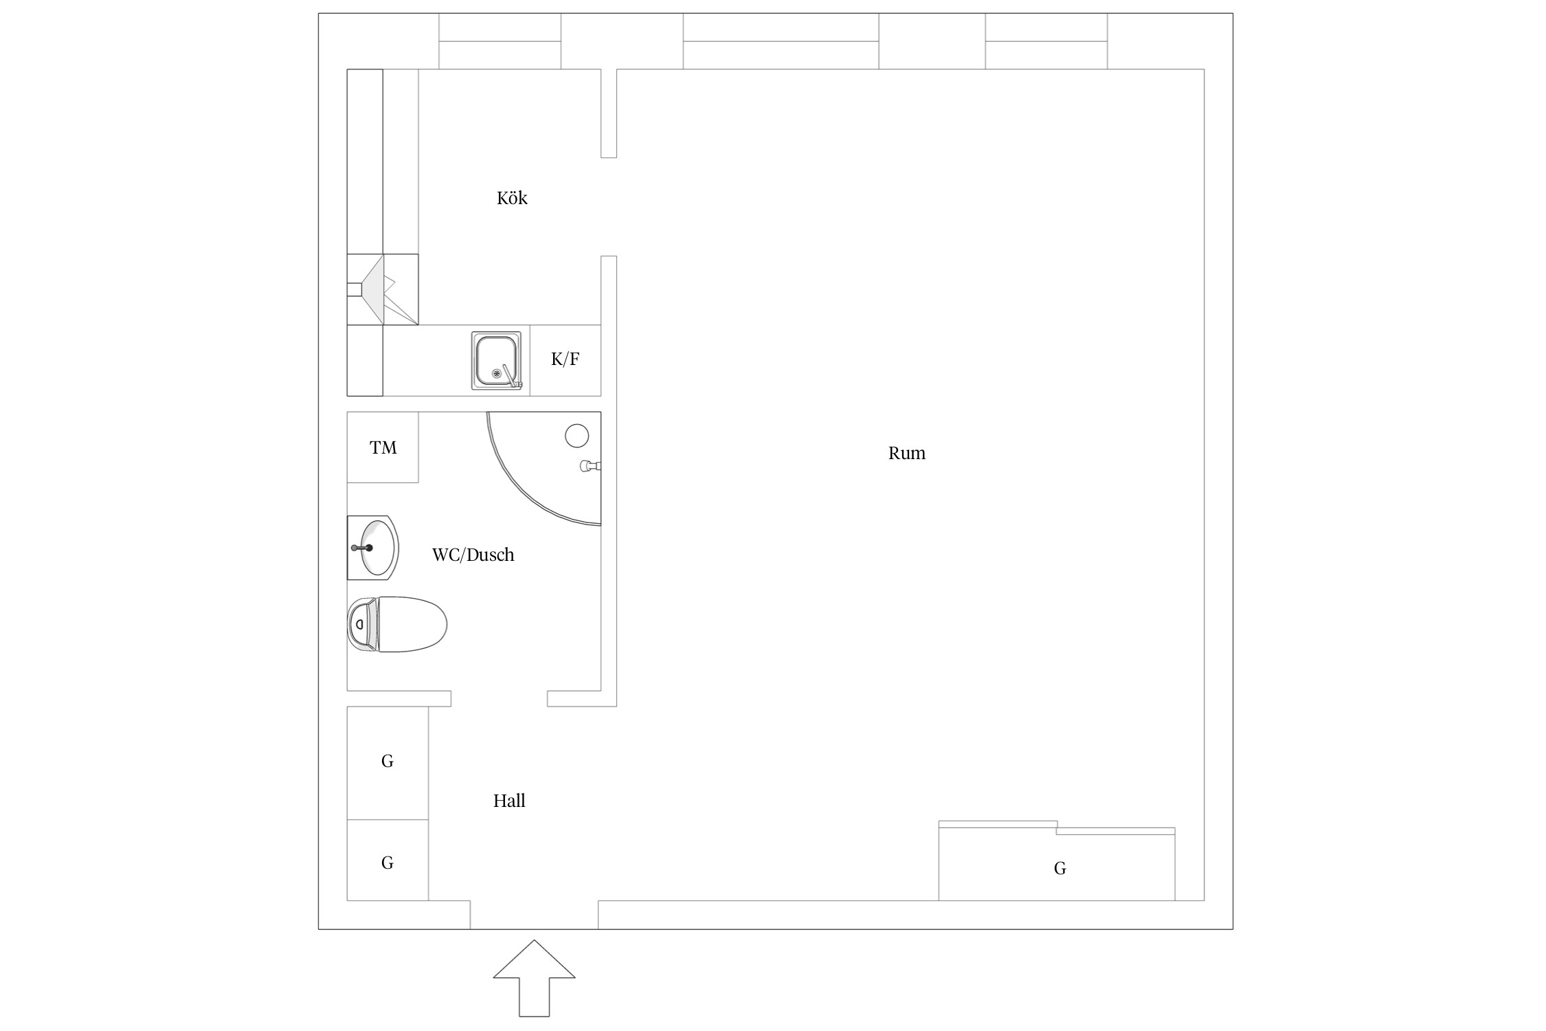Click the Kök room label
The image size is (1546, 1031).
click(x=512, y=198)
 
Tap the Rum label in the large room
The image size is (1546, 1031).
click(x=906, y=453)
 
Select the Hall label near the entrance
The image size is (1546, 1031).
click(x=509, y=801)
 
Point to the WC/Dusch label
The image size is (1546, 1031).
click(x=473, y=555)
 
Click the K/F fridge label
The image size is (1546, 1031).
click(x=565, y=359)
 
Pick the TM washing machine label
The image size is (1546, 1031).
click(x=383, y=447)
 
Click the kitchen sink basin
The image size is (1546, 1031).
click(x=496, y=361)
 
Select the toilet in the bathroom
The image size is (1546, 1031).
click(x=397, y=624)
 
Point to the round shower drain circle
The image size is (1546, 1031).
click(x=577, y=436)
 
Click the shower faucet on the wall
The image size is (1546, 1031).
click(x=590, y=466)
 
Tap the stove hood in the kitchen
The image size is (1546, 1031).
click(x=383, y=289)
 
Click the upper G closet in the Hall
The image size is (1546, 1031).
click(x=388, y=763)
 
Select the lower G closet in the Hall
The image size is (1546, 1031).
click(x=388, y=861)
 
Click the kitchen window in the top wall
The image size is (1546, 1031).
click(x=500, y=41)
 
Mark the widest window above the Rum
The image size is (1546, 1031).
click(x=781, y=41)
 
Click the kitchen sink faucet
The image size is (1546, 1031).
click(x=511, y=377)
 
